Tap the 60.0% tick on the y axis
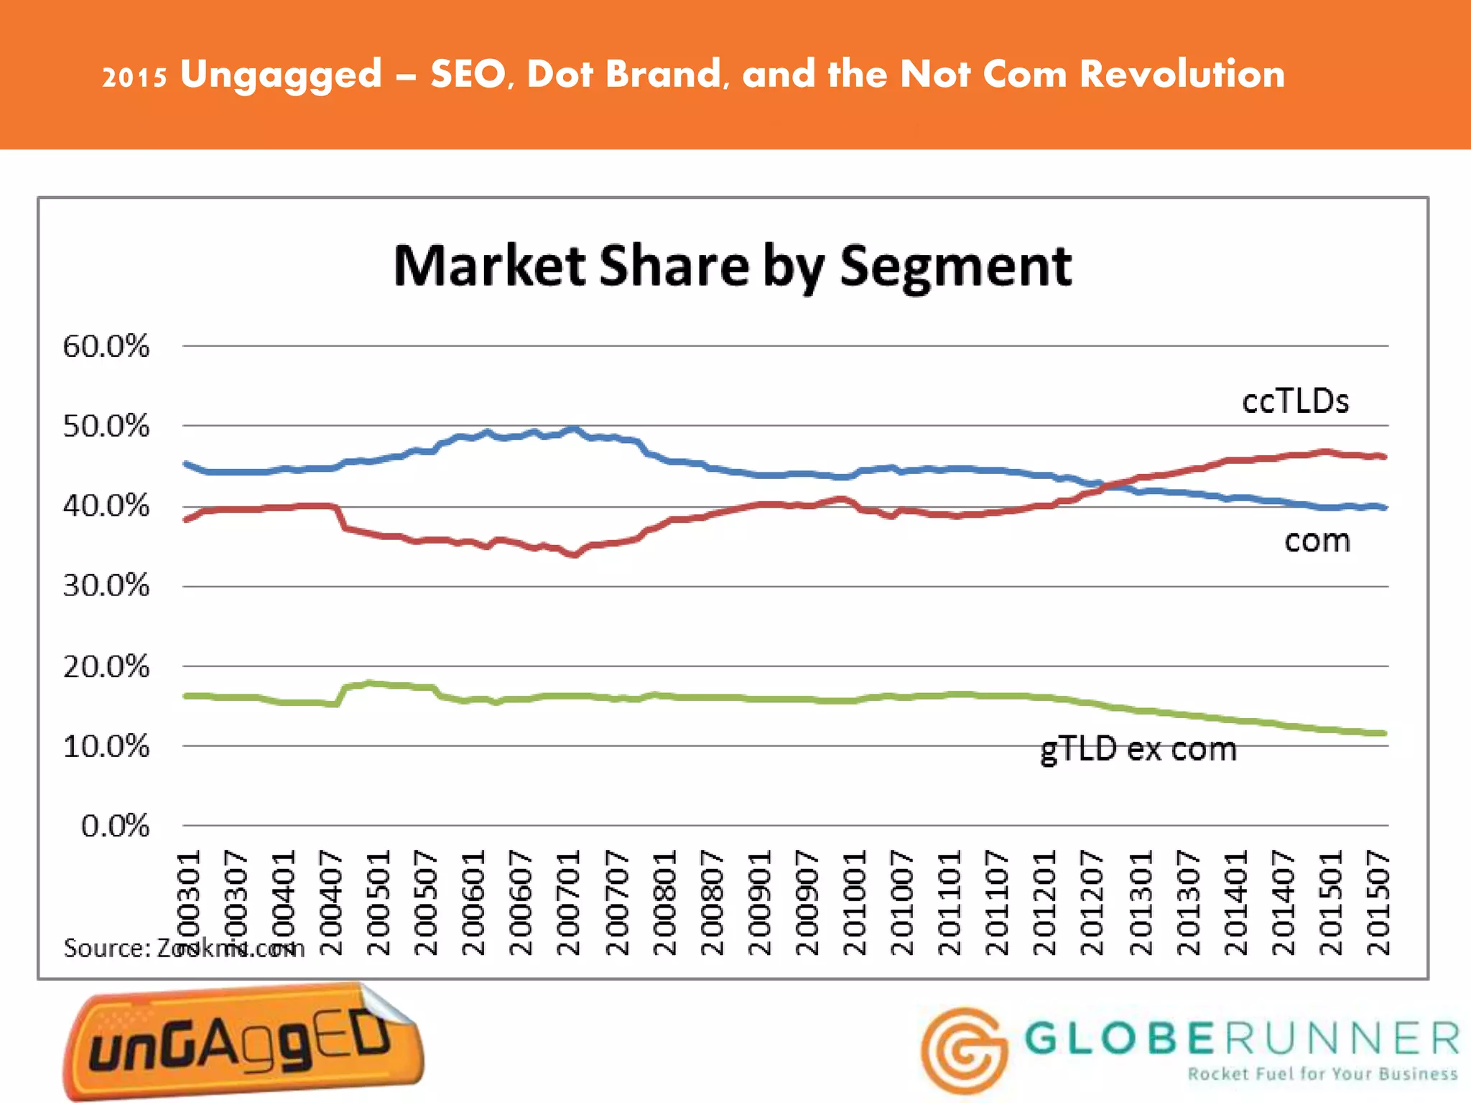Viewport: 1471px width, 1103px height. coord(106,347)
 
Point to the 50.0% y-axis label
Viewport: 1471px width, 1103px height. coord(106,427)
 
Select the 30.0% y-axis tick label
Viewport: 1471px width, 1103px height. coord(106,586)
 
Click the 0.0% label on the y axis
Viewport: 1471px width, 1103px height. coord(115,827)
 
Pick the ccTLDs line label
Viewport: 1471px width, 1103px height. coord(1295,401)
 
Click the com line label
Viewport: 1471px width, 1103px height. coord(1317,541)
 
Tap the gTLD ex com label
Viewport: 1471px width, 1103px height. coord(1138,750)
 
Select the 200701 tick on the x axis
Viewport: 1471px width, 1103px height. coord(569,903)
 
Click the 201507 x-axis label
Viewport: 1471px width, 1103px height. coord(1378,903)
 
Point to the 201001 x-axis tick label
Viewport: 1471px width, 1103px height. coord(855,903)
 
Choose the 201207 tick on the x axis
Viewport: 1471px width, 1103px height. coord(1092,903)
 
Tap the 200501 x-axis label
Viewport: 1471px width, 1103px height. coord(379,903)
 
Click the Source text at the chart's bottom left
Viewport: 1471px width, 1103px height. coord(184,949)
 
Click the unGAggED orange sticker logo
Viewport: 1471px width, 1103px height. coord(243,1041)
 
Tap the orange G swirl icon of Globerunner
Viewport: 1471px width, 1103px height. coord(964,1050)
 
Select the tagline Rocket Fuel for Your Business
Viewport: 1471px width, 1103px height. coord(1322,1074)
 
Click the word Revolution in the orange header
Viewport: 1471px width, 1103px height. coord(1182,74)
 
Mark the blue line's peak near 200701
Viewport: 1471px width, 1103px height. coord(572,429)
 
